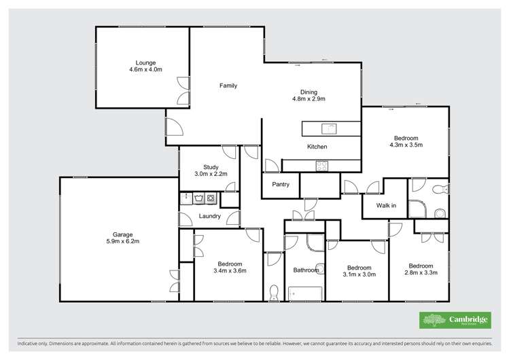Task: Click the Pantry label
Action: pos(281,184)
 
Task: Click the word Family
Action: pos(228,86)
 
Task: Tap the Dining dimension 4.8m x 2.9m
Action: pos(309,99)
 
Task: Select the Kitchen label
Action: pos(317,147)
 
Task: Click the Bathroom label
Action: pos(306,270)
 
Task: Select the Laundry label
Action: pos(209,217)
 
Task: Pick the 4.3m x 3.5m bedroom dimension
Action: pos(406,145)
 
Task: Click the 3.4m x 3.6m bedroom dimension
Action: pos(229,271)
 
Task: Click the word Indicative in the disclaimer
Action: pos(22,343)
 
